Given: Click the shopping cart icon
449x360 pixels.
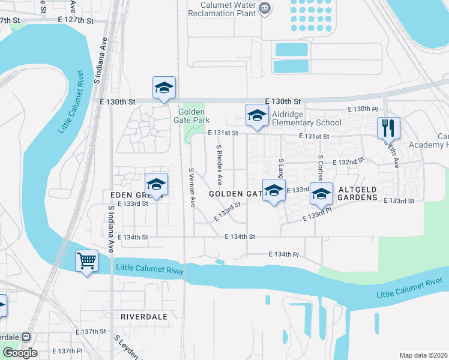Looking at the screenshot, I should (x=87, y=261).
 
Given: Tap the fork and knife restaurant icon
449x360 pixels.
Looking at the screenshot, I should (x=388, y=128).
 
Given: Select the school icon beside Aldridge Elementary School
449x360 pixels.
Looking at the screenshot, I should (x=257, y=115).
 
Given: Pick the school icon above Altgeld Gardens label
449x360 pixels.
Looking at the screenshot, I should (x=322, y=193).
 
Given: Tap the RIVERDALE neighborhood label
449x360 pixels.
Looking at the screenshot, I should (x=142, y=316).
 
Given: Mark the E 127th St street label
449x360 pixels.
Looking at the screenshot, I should (x=76, y=20).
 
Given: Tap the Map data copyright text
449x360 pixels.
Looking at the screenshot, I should (x=424, y=355).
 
